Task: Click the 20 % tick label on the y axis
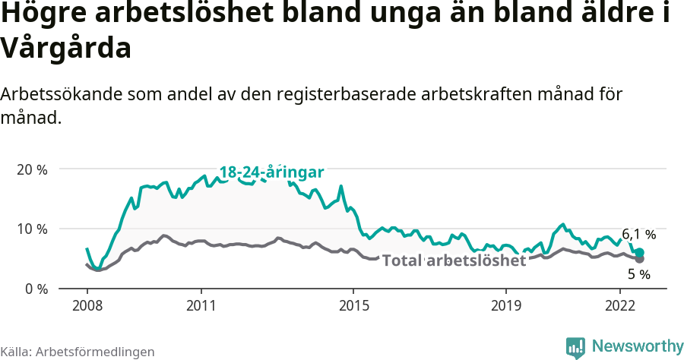click(x=31, y=169)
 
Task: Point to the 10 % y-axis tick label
click(x=31, y=229)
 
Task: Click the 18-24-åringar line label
click(x=272, y=172)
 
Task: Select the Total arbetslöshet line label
click(x=454, y=261)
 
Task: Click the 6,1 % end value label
click(x=638, y=235)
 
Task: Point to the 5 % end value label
click(x=639, y=273)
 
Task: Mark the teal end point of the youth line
click(x=639, y=252)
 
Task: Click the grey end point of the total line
click(x=639, y=259)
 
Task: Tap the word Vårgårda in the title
click(x=67, y=49)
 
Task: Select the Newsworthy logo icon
click(x=575, y=346)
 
